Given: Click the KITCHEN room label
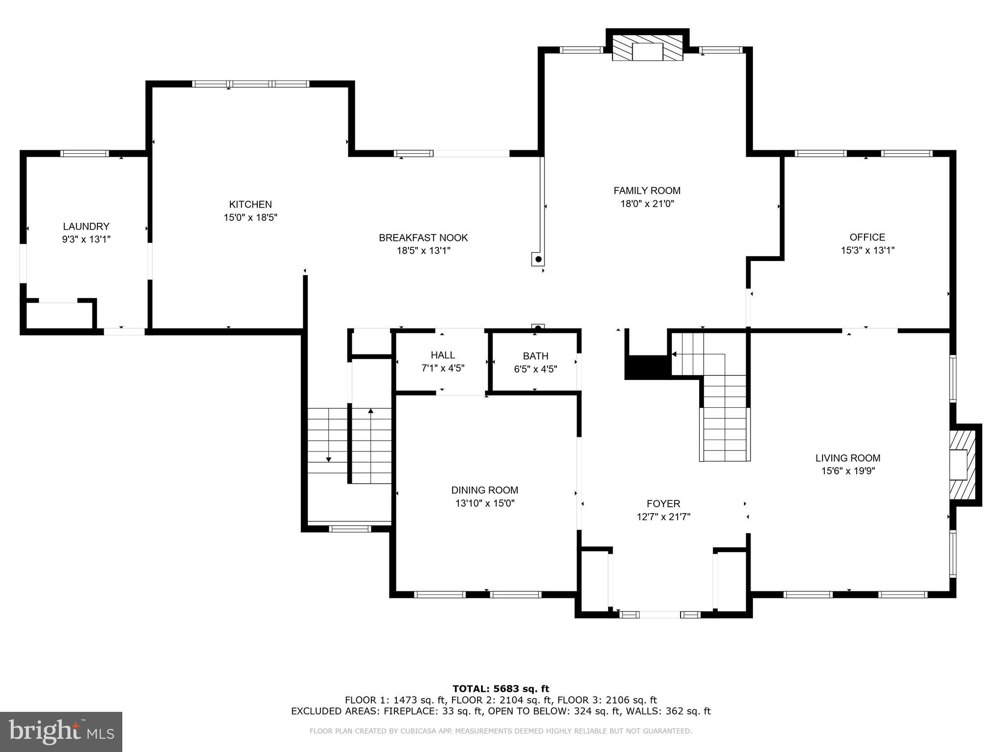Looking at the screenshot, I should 250,204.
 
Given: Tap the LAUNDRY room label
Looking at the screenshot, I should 86,226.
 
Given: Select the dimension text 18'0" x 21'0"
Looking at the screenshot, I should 647,204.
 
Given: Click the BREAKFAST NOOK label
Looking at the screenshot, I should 423,237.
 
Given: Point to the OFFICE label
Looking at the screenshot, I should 867,237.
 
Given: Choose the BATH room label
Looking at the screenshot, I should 535,356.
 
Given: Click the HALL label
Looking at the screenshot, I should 443,355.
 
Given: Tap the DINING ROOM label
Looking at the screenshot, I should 484,490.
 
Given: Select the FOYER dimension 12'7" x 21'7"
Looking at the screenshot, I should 663,517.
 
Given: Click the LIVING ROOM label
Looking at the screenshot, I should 847,458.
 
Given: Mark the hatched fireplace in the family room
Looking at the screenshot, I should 648,47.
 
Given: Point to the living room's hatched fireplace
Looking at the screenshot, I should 963,465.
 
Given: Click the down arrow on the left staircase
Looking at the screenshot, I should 328,459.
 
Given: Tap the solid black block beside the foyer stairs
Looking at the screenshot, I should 646,367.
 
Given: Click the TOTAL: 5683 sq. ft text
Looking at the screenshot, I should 501,689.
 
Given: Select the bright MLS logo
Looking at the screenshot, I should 61,731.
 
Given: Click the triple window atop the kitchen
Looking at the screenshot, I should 250,84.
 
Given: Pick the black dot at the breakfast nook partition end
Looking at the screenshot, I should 538,259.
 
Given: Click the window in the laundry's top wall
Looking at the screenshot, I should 85,153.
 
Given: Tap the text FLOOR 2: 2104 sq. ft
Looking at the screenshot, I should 501,700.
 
